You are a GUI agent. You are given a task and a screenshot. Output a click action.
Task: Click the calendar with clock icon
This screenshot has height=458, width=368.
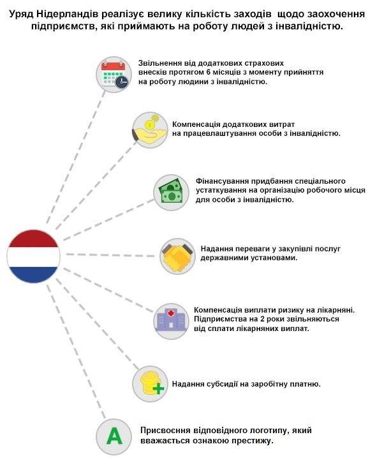(114, 75)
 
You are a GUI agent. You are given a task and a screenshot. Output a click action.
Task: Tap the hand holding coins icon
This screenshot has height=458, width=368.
(150, 129)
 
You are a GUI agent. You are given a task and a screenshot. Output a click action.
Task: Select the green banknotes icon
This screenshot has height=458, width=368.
(171, 193)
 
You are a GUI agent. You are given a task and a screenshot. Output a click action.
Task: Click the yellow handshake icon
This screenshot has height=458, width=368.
(177, 256)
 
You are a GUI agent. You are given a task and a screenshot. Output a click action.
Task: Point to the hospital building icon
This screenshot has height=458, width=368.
(171, 321)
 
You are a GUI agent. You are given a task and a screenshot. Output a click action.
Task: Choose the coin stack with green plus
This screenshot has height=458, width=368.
(150, 383)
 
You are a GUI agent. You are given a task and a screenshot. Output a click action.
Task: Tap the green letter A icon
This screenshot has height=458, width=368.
(114, 436)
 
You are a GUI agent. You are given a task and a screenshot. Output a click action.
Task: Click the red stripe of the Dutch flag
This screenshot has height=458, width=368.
(34, 239)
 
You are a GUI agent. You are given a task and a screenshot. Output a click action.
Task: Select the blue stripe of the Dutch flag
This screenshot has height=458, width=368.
(34, 275)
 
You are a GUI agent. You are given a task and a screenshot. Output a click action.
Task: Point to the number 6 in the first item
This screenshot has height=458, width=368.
(209, 72)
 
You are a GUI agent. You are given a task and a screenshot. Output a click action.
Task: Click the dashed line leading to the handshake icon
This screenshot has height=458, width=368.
(110, 255)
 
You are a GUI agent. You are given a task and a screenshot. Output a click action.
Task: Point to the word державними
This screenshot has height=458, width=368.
(223, 258)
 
